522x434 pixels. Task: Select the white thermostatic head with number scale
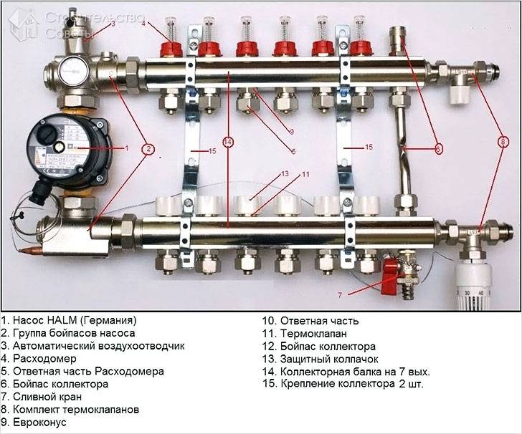tap(478, 284)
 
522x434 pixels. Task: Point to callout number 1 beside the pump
tap(126, 148)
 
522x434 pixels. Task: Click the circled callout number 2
tap(148, 150)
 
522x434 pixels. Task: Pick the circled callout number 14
tap(228, 143)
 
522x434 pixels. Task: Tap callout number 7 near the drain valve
tap(341, 294)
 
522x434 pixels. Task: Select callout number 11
tap(305, 174)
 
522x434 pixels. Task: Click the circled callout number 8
tap(501, 142)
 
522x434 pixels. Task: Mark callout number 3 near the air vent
tap(113, 24)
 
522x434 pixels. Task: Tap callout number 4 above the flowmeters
tap(143, 24)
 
